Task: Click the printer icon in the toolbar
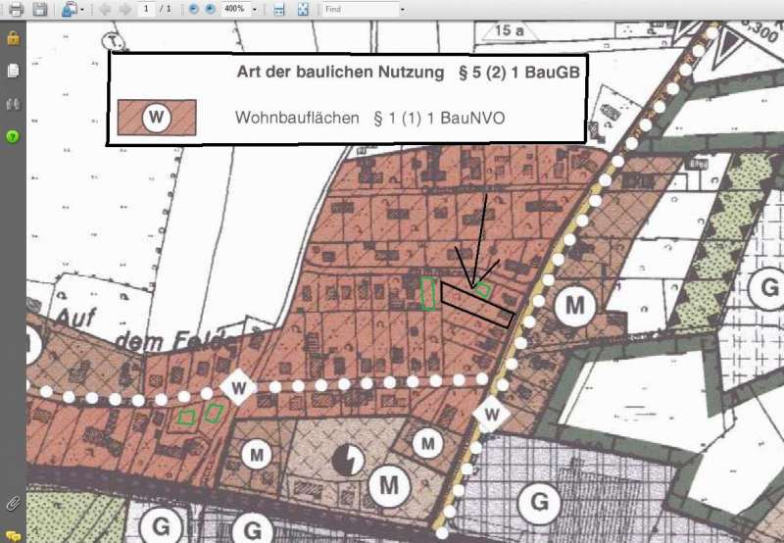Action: click(16, 9)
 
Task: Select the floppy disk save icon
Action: click(39, 9)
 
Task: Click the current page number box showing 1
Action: click(146, 9)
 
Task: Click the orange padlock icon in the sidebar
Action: click(13, 38)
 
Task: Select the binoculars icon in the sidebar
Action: click(13, 103)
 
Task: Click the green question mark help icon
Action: click(13, 135)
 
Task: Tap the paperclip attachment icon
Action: click(13, 503)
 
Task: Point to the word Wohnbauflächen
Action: click(296, 119)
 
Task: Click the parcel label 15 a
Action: click(510, 31)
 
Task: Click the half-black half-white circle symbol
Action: click(346, 459)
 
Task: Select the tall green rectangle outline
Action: click(428, 293)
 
